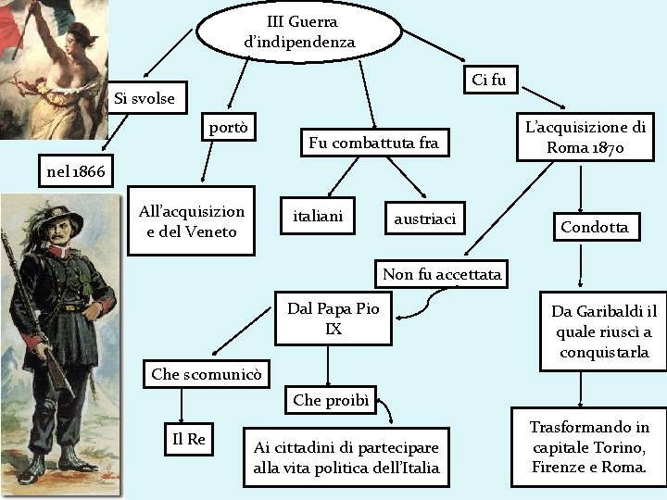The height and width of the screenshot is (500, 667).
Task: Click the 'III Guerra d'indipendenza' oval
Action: coord(301,31)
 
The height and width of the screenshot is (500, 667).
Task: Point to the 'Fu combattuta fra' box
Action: coord(372,143)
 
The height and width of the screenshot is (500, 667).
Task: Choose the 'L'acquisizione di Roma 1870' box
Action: coord(585,138)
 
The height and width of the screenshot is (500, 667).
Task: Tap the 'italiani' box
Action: coord(318,216)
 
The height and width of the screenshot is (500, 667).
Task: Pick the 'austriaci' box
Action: coord(424,219)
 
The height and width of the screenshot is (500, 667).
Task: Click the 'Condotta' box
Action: coord(594,227)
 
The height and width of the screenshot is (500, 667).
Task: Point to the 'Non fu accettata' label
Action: coord(442,274)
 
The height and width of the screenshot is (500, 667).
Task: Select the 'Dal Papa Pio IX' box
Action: coord(333,318)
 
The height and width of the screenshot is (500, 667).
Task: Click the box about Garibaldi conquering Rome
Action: coord(602,331)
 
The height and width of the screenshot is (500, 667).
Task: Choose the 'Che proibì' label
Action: coord(330,400)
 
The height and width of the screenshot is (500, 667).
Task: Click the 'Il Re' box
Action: coord(189,439)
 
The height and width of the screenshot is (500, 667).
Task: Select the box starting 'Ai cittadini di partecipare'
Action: coord(346,456)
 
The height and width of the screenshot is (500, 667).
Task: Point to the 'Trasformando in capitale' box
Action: coord(589,447)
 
